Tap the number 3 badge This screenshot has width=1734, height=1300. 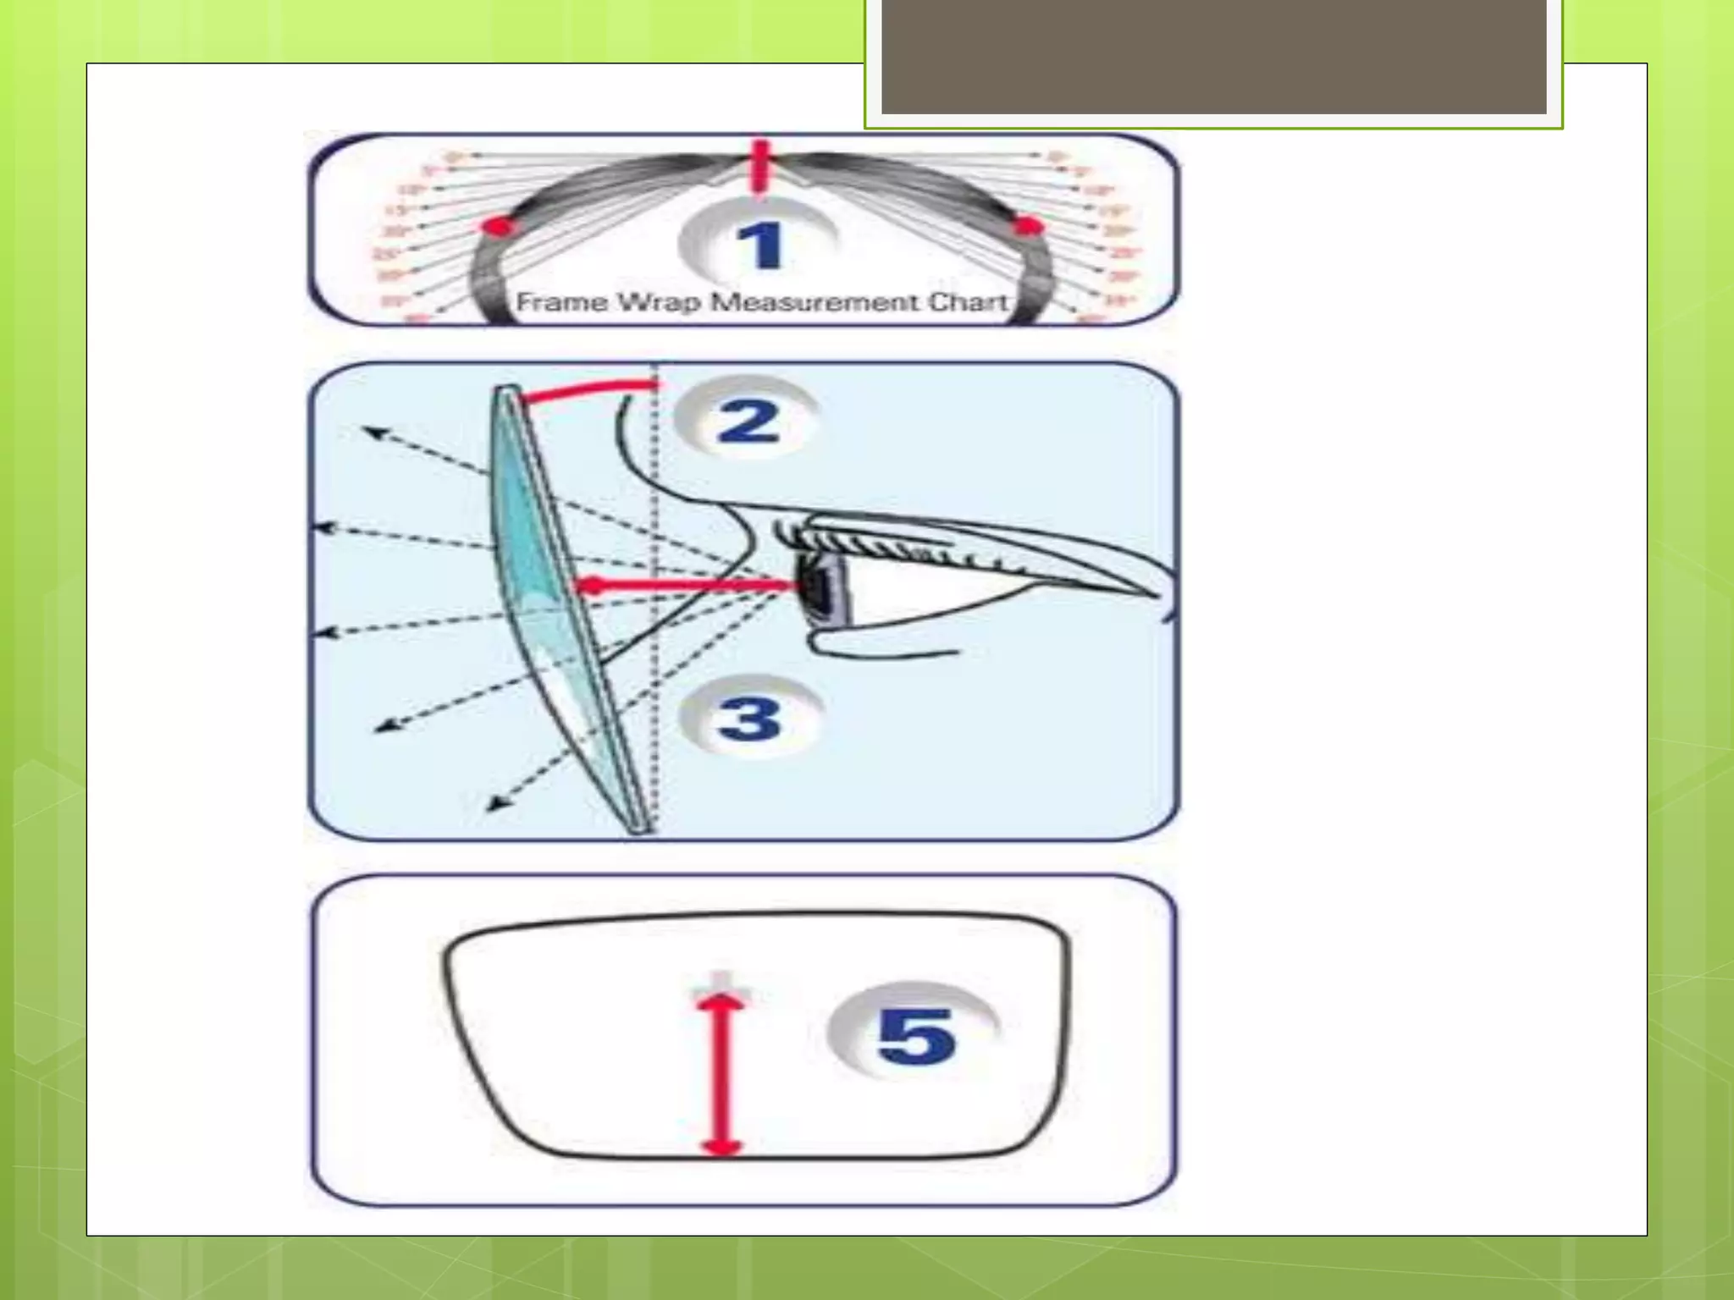point(750,719)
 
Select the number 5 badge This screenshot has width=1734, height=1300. point(914,1035)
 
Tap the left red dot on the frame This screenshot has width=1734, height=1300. point(498,227)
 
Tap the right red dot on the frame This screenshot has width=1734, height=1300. point(1028,226)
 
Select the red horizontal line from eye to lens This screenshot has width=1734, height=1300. point(686,585)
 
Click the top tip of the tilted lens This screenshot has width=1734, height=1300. point(507,390)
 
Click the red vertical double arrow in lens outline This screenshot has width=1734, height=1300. point(721,1075)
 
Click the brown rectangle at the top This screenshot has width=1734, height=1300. point(1213,56)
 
